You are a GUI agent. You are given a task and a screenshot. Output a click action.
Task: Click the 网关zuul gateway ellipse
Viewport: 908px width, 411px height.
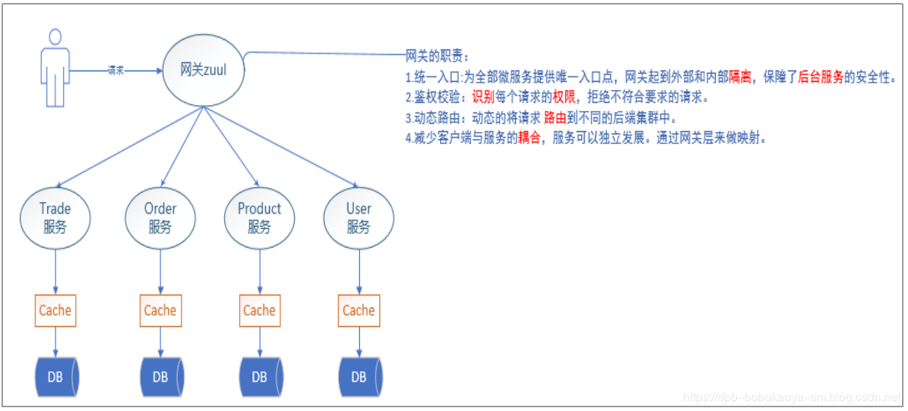tap(204, 70)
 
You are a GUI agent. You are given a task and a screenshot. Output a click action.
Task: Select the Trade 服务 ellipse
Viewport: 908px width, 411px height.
tap(55, 217)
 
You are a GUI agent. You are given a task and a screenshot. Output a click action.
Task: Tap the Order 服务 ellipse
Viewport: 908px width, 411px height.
tap(160, 217)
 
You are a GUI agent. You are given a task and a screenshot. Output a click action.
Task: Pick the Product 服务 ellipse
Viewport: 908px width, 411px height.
tap(259, 217)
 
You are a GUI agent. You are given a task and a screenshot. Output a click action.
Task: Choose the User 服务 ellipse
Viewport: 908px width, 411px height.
tap(358, 217)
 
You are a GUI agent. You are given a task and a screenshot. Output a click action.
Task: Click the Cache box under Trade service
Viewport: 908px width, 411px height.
tap(55, 310)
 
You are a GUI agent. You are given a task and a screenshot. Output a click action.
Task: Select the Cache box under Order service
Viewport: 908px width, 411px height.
tap(160, 310)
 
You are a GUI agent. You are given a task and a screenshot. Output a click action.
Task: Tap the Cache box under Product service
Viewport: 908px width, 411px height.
tap(259, 310)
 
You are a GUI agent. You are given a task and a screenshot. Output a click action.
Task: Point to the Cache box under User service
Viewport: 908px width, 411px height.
tap(358, 310)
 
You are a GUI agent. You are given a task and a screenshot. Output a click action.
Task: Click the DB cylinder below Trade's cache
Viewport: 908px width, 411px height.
tap(56, 377)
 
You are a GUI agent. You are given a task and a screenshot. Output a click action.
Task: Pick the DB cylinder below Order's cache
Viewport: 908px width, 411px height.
tap(160, 377)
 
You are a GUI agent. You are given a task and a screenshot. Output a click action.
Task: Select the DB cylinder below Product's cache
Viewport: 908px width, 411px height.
tap(259, 377)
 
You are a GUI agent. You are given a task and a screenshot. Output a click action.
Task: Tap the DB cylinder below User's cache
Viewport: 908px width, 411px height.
tap(359, 377)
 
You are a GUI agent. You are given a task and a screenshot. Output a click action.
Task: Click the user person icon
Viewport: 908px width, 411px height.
tap(53, 68)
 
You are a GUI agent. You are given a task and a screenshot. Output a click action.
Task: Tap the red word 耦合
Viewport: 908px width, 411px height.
tap(529, 139)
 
